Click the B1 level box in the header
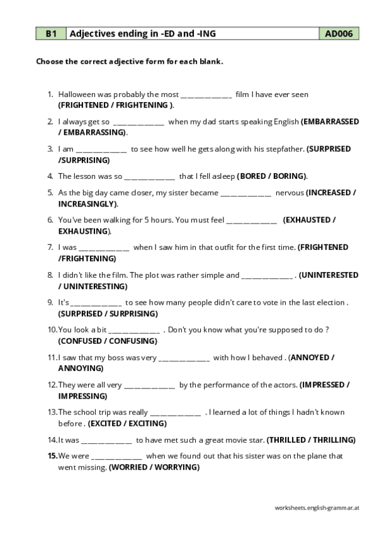[50, 34]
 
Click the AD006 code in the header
[339, 34]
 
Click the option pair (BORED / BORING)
[272, 176]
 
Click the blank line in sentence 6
[251, 220]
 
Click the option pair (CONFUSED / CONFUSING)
[108, 341]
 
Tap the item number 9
[50, 302]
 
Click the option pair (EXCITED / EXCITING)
[127, 423]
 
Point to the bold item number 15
[52, 456]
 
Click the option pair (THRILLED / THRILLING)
[312, 440]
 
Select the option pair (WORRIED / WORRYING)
[154, 467]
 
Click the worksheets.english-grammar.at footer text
[317, 508]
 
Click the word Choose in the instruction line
[50, 62]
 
